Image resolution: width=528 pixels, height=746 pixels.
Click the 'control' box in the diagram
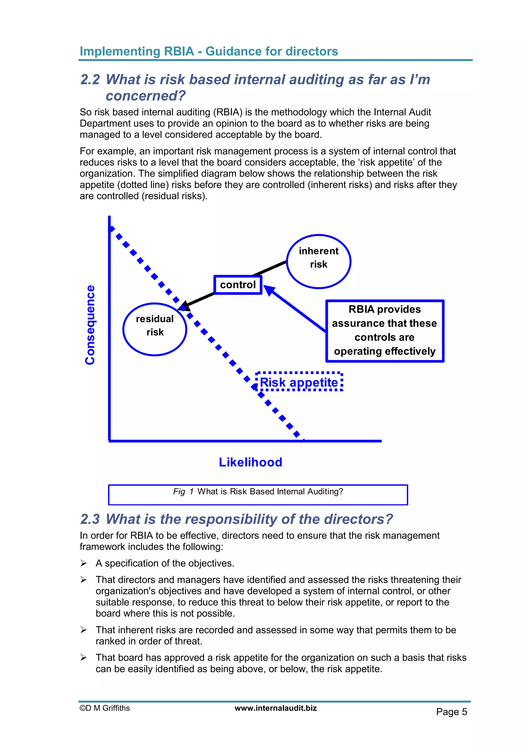[238, 285]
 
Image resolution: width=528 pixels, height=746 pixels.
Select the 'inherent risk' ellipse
[319, 261]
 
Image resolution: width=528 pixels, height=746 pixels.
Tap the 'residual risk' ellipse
[155, 329]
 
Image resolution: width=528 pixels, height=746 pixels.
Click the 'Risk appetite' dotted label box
[299, 382]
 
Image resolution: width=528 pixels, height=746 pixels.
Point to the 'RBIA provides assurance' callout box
[385, 331]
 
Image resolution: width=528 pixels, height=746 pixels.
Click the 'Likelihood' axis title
[250, 462]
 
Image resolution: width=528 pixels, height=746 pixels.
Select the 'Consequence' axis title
[90, 325]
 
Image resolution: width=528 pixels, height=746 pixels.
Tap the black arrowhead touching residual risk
[184, 306]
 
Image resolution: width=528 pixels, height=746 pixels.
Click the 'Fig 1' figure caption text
[258, 491]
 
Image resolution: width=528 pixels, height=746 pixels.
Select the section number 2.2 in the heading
[90, 80]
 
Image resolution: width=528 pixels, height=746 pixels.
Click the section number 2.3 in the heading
[90, 519]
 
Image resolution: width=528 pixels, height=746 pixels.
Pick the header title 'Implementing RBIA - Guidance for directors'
[209, 51]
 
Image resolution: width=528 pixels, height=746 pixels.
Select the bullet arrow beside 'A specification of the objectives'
[84, 563]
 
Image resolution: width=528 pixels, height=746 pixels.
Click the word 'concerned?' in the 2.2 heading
[145, 96]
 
